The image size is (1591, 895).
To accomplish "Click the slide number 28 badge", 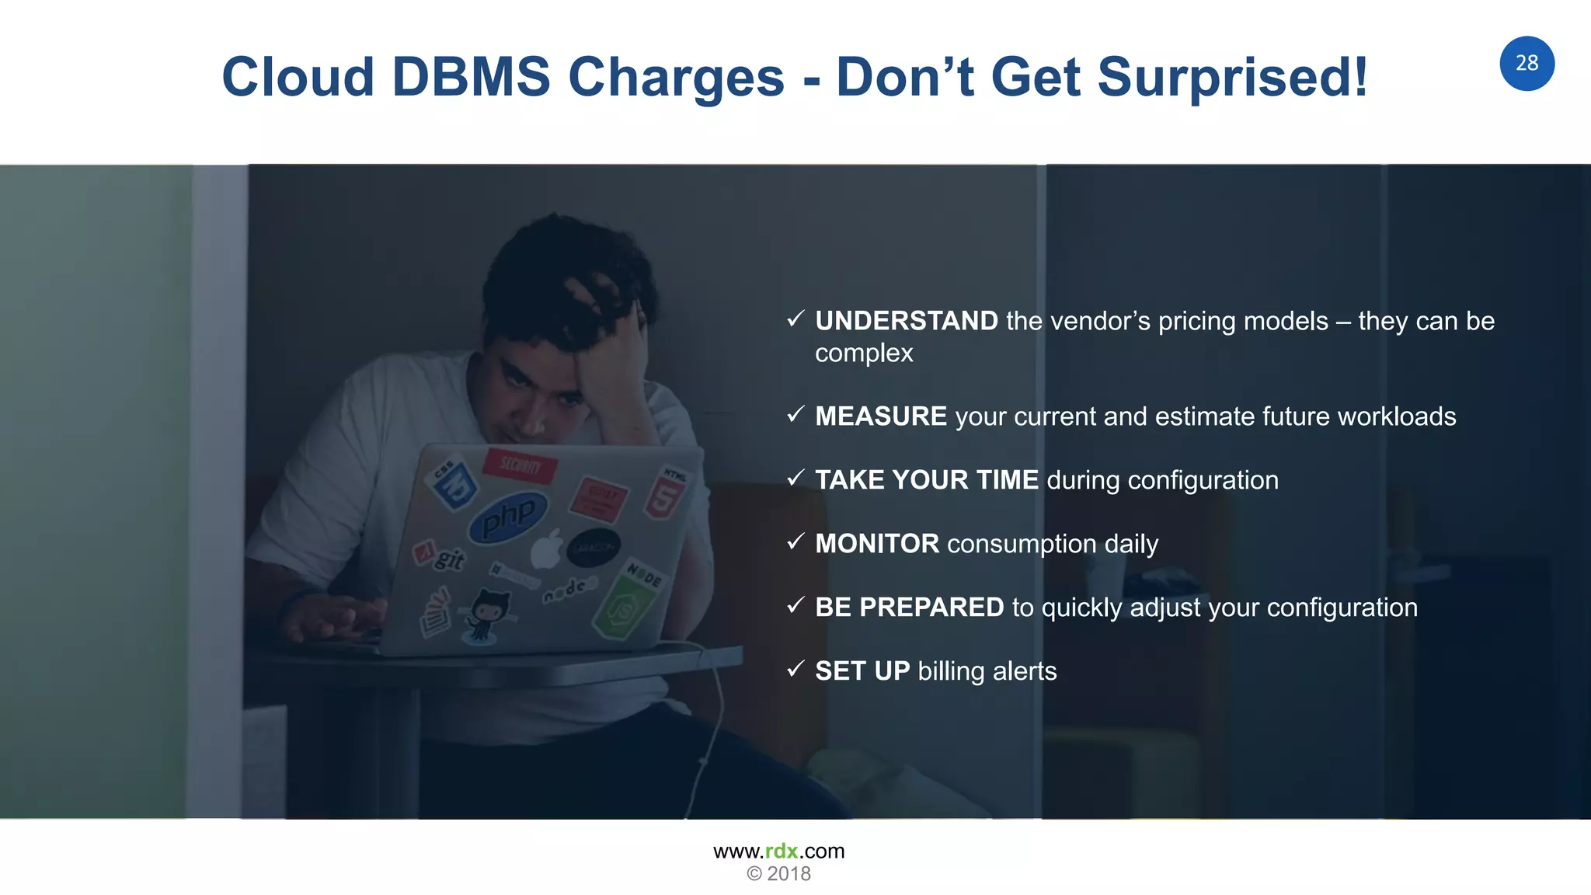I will click(x=1527, y=63).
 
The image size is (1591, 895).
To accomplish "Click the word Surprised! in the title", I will click(x=1232, y=78).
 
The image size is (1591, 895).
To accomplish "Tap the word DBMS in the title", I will click(x=472, y=78).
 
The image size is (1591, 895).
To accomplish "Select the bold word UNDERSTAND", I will click(x=906, y=321).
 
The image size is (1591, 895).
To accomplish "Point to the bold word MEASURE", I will click(x=880, y=416).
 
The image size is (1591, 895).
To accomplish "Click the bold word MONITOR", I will click(x=876, y=544).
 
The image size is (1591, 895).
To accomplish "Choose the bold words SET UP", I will click(x=862, y=671).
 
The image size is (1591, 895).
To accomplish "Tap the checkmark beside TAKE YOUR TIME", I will click(x=795, y=478).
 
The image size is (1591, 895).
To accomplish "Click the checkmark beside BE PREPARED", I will click(x=795, y=605).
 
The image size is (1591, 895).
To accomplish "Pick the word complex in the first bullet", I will click(x=864, y=353).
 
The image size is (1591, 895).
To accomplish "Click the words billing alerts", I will click(x=987, y=671).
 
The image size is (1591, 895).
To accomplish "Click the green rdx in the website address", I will click(x=782, y=851).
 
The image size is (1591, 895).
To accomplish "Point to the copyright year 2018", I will click(x=789, y=874).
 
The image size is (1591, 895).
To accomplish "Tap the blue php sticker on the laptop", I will click(x=508, y=516).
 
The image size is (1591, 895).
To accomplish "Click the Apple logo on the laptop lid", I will click(x=547, y=550).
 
